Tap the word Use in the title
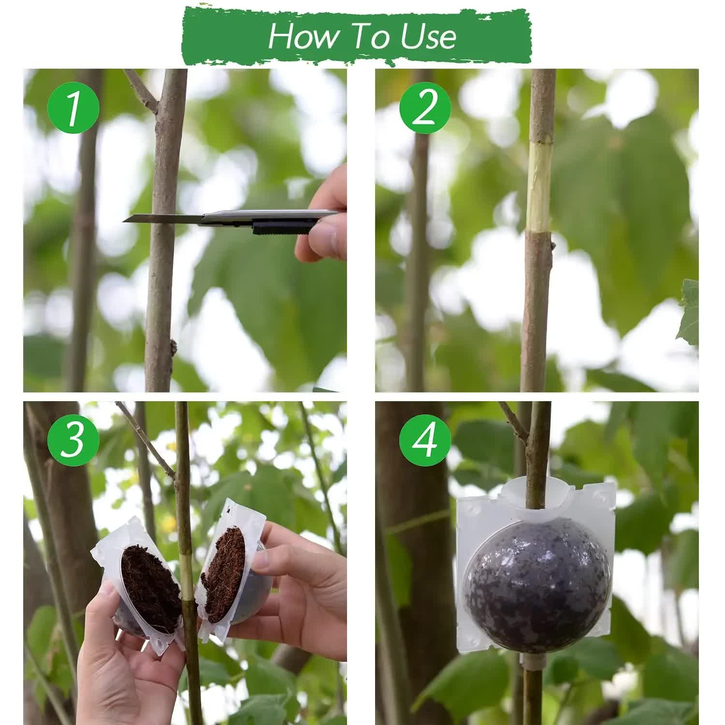coord(428,36)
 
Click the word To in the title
coord(369,36)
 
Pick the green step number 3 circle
coord(73,440)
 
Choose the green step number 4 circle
coord(425,440)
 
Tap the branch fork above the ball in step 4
coord(527,437)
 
